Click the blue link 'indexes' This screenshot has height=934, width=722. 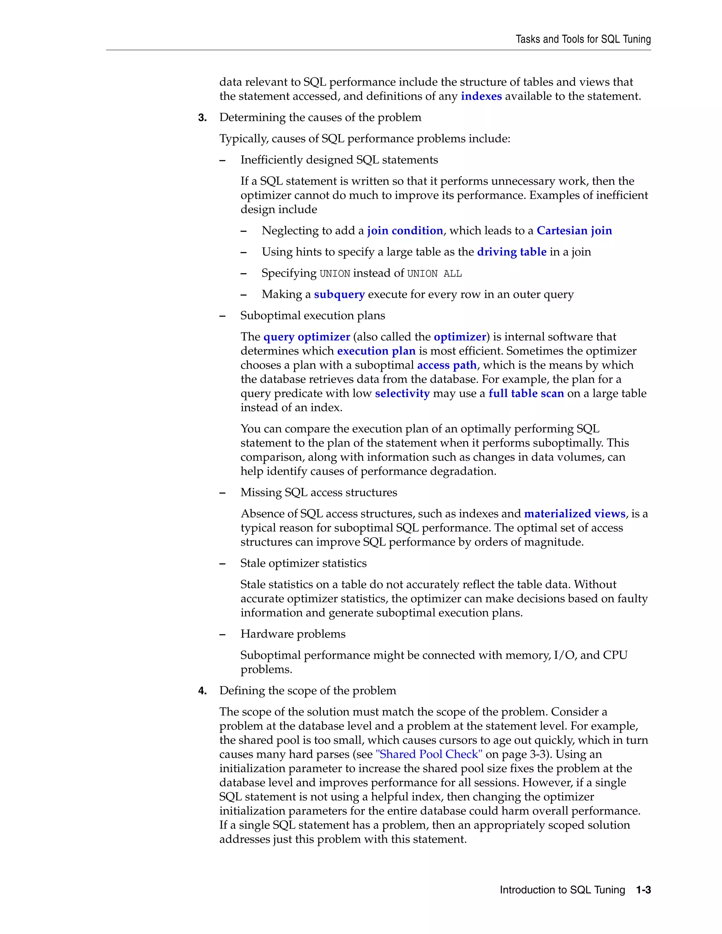click(x=481, y=96)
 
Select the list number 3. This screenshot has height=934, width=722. click(x=202, y=118)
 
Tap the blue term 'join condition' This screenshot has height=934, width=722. click(x=405, y=231)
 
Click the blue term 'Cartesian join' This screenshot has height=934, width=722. click(x=574, y=231)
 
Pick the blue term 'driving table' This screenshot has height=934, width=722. click(x=512, y=252)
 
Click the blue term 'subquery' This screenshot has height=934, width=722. click(x=339, y=295)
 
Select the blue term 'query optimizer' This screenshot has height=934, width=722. click(x=307, y=337)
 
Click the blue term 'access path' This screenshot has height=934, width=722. click(x=447, y=365)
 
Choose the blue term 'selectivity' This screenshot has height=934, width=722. click(x=402, y=393)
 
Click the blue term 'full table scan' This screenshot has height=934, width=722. click(x=526, y=393)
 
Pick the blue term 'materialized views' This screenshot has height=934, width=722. click(x=574, y=514)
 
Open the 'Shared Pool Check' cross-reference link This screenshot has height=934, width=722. click(x=429, y=754)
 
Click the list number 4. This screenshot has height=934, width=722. click(x=202, y=691)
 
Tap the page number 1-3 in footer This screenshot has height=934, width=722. click(x=643, y=890)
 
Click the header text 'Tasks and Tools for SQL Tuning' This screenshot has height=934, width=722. click(x=583, y=39)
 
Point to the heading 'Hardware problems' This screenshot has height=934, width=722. click(x=293, y=634)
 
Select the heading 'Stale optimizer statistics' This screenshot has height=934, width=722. click(x=303, y=563)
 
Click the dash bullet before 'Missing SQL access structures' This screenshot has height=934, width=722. click(x=222, y=493)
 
